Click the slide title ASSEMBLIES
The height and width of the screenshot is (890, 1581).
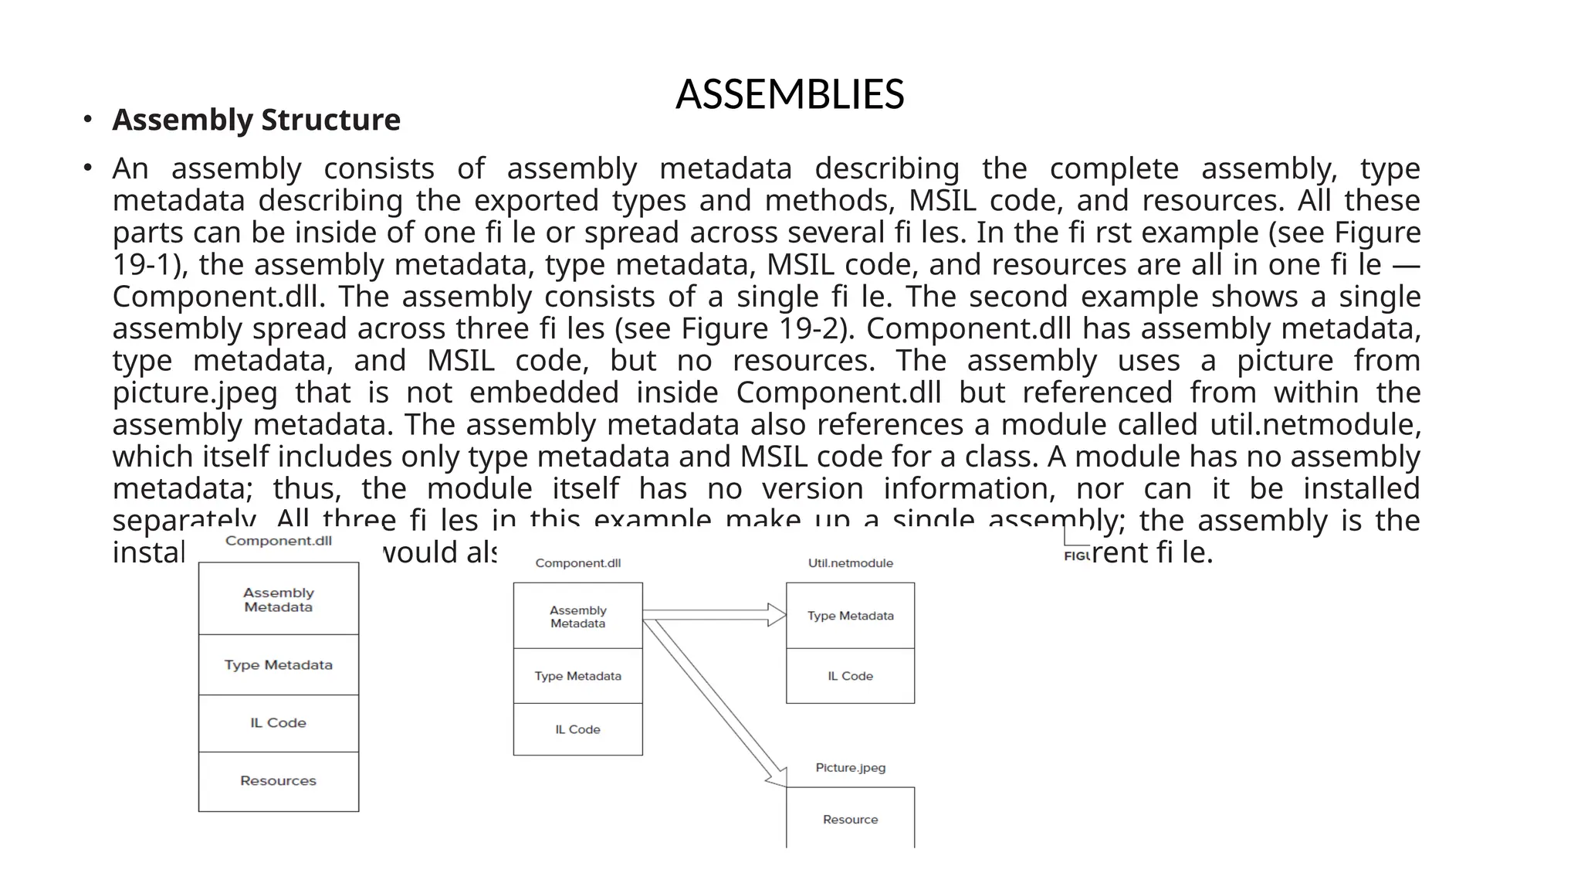click(x=790, y=94)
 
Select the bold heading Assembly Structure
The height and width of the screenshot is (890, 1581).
click(x=256, y=120)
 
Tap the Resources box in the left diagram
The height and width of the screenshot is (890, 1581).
click(x=278, y=781)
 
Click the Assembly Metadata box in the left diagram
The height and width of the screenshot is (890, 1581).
click(x=278, y=600)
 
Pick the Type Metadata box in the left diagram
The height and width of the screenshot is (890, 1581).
click(x=278, y=665)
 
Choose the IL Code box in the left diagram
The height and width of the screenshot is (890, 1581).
click(x=278, y=723)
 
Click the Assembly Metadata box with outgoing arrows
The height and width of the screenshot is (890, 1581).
click(x=577, y=617)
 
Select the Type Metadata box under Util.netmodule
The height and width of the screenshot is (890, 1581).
click(x=850, y=616)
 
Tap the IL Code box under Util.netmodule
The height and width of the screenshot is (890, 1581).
click(x=850, y=676)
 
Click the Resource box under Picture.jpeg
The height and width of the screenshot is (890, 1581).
click(x=850, y=819)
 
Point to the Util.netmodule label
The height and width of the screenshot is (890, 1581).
click(x=850, y=563)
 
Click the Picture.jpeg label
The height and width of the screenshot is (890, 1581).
click(x=850, y=767)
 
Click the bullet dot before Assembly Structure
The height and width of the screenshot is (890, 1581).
click(x=88, y=119)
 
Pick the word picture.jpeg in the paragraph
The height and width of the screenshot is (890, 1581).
click(x=195, y=393)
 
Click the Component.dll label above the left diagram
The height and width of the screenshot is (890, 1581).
click(x=278, y=541)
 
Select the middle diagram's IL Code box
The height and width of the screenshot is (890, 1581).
click(x=577, y=729)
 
